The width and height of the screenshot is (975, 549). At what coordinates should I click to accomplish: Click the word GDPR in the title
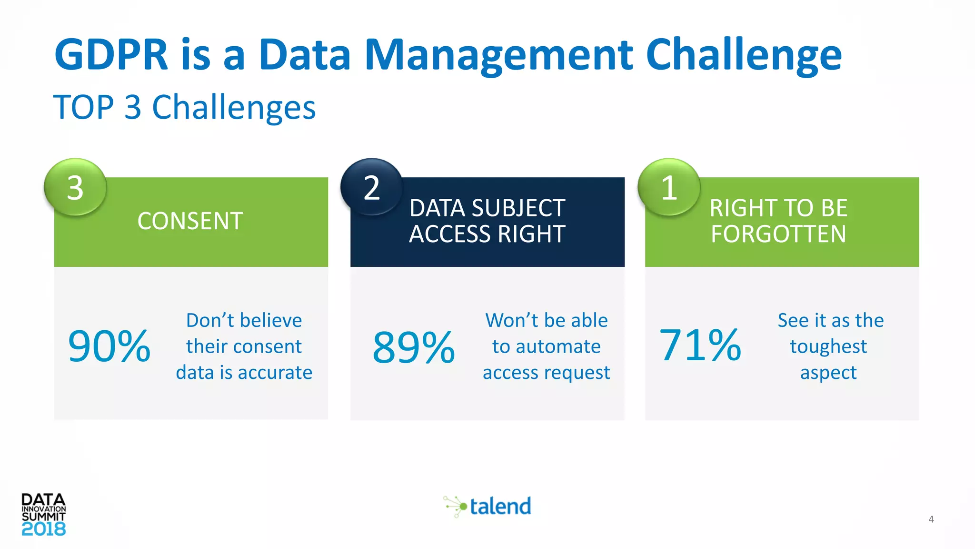coord(111,54)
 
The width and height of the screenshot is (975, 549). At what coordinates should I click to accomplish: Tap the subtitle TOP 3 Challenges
coord(184,107)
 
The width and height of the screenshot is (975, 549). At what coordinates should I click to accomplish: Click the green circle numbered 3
coord(75,187)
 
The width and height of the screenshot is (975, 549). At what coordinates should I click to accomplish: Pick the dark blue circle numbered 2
coord(371,187)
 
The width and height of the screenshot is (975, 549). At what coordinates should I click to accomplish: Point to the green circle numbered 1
coord(669,187)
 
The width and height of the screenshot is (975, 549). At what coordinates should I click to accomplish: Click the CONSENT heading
coord(190,221)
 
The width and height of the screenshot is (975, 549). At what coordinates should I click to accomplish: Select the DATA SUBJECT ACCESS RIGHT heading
coord(487,221)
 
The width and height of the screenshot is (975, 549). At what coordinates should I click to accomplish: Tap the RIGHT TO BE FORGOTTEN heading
coord(778,221)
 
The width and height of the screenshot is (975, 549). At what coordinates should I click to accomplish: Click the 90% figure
coord(109,346)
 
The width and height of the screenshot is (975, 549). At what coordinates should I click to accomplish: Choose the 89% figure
coord(413,347)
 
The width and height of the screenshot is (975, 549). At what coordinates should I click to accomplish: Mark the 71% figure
coord(700,346)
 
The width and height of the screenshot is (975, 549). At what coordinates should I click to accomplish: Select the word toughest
coord(828,347)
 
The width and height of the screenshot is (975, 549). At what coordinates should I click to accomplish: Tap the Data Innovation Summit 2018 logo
coord(43,515)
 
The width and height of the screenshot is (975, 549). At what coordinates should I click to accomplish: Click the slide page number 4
coord(931,519)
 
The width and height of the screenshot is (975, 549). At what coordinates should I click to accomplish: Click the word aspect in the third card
coord(828,373)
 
